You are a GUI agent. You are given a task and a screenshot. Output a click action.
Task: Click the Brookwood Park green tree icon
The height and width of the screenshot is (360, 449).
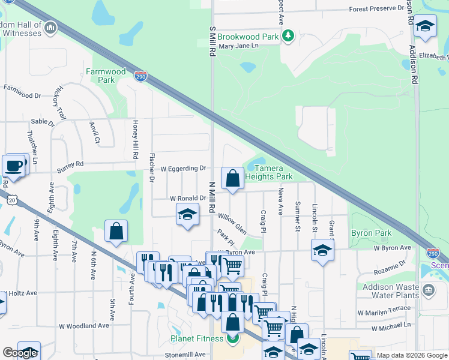[x=289, y=37]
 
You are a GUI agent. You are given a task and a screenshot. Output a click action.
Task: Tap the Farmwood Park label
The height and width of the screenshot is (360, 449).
[x=106, y=76]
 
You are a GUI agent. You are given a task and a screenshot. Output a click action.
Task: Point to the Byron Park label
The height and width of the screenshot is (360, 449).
[x=371, y=233]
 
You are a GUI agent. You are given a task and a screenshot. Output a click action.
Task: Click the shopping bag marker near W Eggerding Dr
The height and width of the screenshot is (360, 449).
[x=232, y=178]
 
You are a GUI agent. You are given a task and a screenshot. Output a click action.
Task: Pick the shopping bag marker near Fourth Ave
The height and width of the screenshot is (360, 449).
[x=116, y=231]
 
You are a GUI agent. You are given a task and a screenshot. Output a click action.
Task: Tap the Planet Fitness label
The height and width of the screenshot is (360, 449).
[x=197, y=338]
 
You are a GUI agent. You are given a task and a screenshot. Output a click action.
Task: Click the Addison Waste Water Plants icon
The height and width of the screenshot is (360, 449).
[x=429, y=291]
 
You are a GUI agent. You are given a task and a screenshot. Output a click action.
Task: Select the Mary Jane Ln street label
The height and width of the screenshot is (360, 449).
[x=238, y=46]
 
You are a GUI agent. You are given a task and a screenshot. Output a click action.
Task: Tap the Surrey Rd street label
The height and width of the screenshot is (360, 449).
[x=71, y=163]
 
